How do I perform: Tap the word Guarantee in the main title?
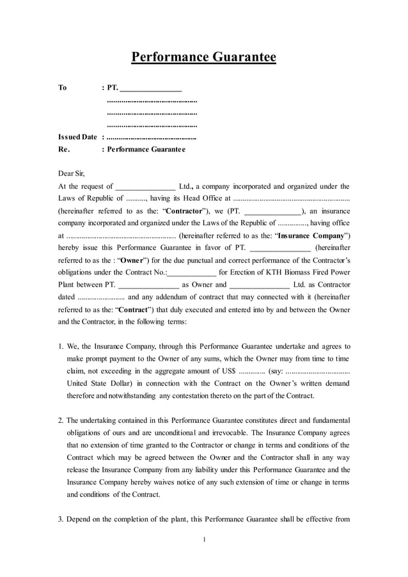point(242,58)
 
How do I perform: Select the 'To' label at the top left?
point(63,88)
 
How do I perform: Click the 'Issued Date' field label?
point(77,137)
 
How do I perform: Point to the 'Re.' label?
point(63,150)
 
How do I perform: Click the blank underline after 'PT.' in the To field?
point(151,88)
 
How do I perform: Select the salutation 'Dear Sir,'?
point(71,173)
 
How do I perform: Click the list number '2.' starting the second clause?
point(61,420)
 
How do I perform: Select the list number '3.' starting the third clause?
point(61,519)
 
